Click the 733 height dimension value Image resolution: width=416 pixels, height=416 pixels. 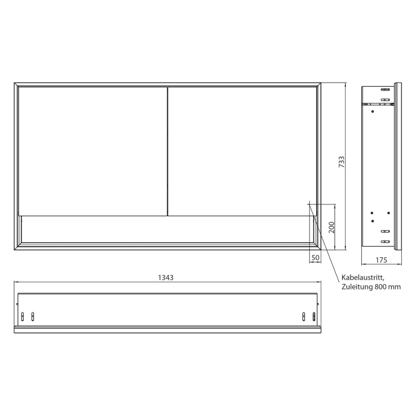[341, 162]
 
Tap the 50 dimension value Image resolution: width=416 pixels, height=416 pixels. [315, 257]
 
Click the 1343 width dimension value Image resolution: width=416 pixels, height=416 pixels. [166, 277]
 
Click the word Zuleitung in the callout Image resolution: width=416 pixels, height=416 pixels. [357, 287]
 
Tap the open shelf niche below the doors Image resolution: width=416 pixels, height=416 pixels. [166, 229]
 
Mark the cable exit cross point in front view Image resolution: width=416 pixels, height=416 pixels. [310, 203]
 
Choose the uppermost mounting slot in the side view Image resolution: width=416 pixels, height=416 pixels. [385, 90]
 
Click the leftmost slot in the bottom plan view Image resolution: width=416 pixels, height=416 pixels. [23, 316]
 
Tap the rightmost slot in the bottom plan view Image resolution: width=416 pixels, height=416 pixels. [314, 316]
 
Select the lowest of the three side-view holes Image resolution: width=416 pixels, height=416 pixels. [372, 221]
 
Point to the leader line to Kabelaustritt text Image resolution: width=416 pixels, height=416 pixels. [324, 241]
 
